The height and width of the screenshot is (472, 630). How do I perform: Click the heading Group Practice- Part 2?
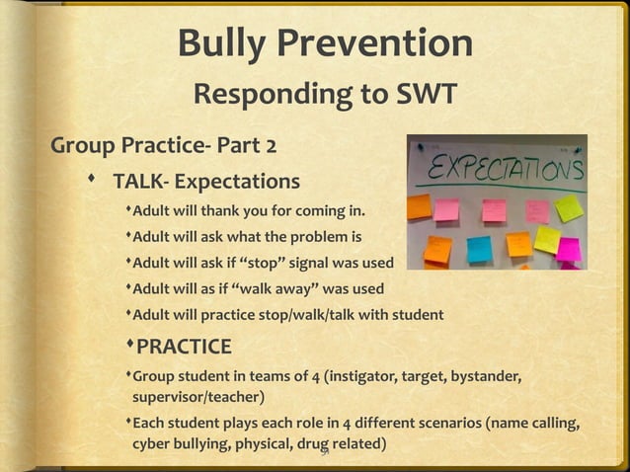(x=164, y=148)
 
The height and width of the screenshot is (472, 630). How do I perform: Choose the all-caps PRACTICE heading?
(x=185, y=347)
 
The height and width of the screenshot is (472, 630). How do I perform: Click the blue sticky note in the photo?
(x=479, y=249)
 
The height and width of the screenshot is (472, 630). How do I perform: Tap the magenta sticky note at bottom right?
(x=569, y=249)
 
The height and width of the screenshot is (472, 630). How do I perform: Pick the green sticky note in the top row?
(x=569, y=207)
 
